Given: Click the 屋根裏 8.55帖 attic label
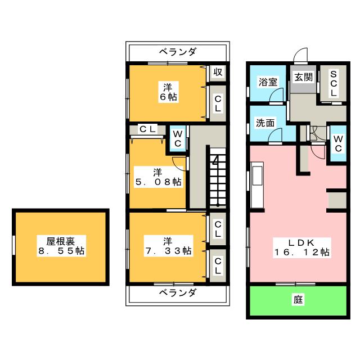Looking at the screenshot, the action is (x=61, y=246).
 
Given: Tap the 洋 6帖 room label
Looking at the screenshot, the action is (x=168, y=92).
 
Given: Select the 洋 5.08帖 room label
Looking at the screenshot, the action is (x=158, y=177).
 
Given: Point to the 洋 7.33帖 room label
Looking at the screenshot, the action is (x=168, y=246).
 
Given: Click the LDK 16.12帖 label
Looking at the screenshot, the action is (x=301, y=247).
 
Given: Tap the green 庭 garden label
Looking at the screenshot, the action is (x=298, y=300).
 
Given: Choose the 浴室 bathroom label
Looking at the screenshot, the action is (x=268, y=82).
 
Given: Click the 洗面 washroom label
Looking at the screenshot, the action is (x=265, y=123).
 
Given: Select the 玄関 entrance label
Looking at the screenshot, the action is (x=304, y=77).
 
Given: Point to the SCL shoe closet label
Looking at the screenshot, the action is (x=334, y=83).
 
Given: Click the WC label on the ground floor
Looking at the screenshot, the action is (x=338, y=144).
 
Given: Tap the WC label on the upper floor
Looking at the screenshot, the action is (x=178, y=139).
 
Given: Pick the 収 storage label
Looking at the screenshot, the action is (x=218, y=73).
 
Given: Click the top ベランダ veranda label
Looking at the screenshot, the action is (x=178, y=52).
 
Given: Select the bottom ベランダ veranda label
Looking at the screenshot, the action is (x=178, y=293).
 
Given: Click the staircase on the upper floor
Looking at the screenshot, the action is (x=218, y=178).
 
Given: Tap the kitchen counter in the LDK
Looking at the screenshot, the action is (x=257, y=185).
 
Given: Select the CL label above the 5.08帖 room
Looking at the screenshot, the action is (x=147, y=129).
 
